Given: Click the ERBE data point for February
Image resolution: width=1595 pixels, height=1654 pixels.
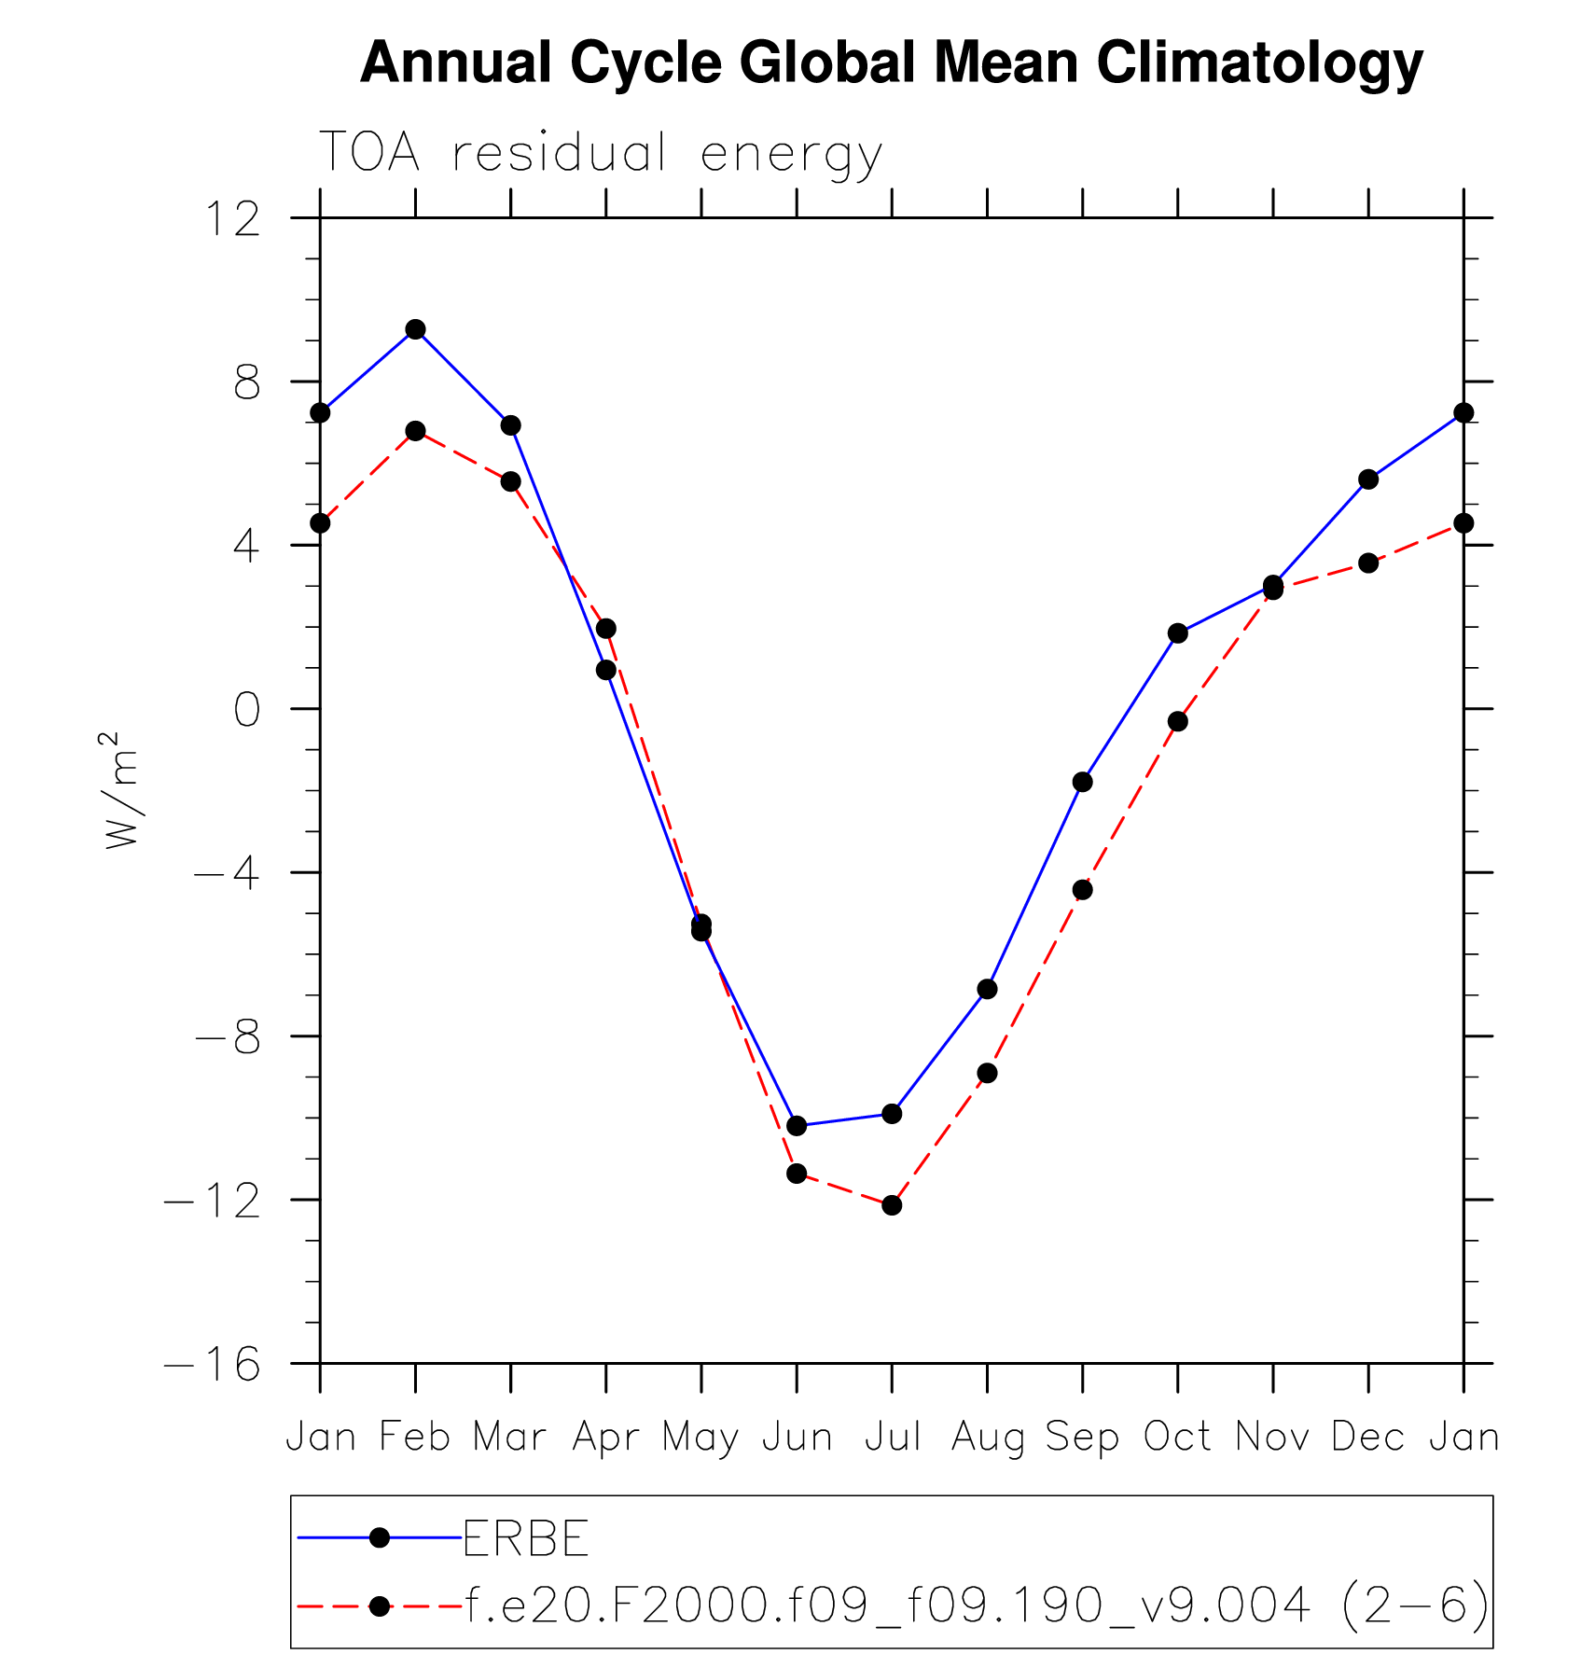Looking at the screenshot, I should pos(415,329).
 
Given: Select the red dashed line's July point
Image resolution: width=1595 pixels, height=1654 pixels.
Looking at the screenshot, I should pos(892,1205).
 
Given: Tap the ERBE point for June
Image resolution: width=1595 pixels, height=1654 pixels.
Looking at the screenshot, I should pos(797,1126).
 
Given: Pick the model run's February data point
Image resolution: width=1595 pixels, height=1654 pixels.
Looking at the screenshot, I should pos(415,431).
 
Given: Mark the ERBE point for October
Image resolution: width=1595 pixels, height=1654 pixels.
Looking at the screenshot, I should pos(1178,633).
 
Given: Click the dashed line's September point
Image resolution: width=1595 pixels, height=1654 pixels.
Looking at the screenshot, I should pos(1082,890).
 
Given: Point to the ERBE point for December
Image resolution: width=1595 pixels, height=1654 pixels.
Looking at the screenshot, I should pos(1368,480).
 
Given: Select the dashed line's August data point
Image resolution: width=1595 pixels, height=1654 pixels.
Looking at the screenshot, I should pos(987,1073).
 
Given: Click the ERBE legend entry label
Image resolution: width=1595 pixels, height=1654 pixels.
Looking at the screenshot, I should pos(526,1538).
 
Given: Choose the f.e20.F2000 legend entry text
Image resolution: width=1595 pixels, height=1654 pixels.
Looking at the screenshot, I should pos(976,1605).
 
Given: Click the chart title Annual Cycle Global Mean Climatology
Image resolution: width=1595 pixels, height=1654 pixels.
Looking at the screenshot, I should pos(891,63).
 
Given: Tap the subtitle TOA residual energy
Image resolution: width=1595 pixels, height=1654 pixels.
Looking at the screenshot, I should pos(601,153).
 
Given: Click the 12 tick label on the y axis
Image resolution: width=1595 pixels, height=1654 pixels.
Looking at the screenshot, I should pos(232,220).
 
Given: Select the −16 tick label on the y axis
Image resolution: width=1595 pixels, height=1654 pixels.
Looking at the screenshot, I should pos(214,1365).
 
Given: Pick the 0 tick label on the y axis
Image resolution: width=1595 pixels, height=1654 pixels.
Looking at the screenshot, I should pos(246,711).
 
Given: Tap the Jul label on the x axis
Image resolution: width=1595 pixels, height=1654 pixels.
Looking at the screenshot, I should pos(893,1438).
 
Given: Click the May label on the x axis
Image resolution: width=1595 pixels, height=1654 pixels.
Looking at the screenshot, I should pos(700,1438).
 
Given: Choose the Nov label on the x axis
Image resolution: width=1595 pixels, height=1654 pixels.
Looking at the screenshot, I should pos(1272,1438).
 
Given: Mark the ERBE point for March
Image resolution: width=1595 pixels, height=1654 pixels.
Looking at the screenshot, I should pos(510,425).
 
